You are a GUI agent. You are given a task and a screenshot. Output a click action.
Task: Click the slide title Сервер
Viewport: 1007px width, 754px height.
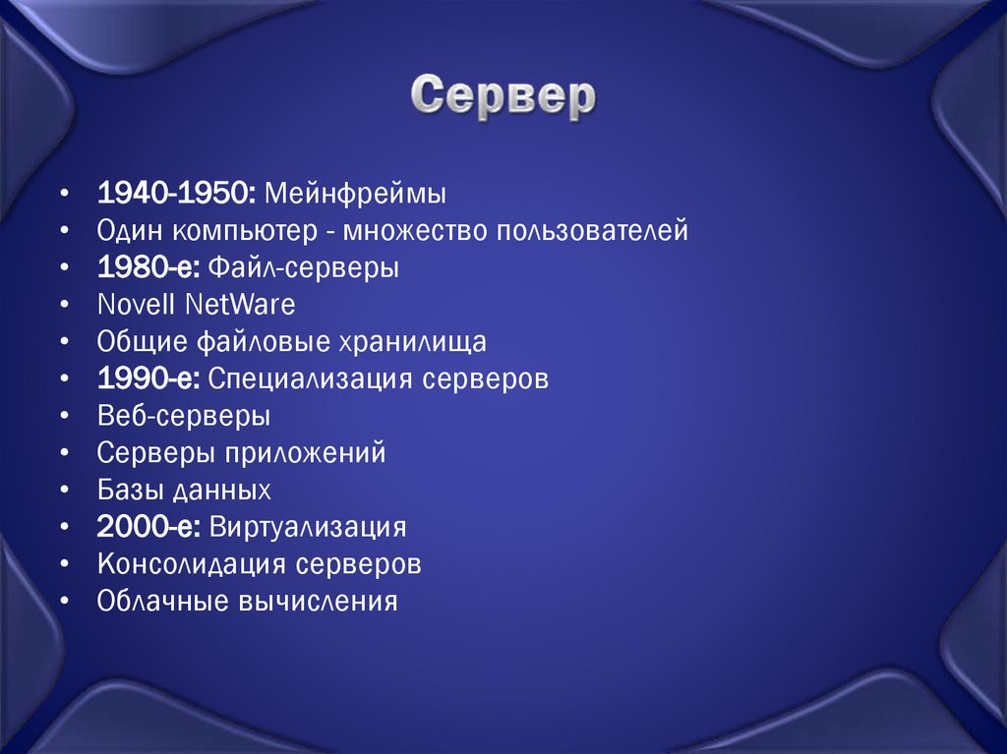pyautogui.click(x=503, y=96)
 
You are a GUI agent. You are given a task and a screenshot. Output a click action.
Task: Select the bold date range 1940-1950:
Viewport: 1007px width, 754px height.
pyautogui.click(x=177, y=194)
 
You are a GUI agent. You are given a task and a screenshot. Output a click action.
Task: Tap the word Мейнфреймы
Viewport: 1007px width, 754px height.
pyautogui.click(x=355, y=194)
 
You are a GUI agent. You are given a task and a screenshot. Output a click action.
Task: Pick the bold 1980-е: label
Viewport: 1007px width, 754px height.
pyautogui.click(x=148, y=267)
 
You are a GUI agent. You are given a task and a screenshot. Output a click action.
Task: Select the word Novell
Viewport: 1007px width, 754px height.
pyautogui.click(x=137, y=305)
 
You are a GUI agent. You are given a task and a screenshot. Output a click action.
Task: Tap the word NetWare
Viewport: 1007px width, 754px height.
pyautogui.click(x=239, y=305)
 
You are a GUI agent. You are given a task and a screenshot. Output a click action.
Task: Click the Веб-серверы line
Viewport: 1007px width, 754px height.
pyautogui.click(x=184, y=416)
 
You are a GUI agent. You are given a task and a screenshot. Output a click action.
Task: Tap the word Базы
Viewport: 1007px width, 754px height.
pyautogui.click(x=129, y=490)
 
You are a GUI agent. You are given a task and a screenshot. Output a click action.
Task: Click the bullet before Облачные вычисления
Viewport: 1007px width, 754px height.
pyautogui.click(x=64, y=601)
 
